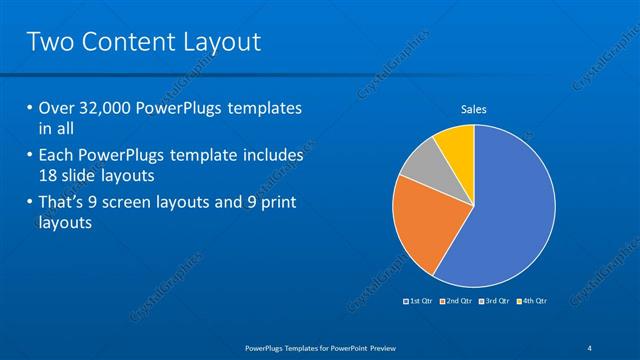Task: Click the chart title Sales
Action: pos(473,109)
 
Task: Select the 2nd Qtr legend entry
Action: pos(456,300)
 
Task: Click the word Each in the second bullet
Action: pos(57,156)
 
